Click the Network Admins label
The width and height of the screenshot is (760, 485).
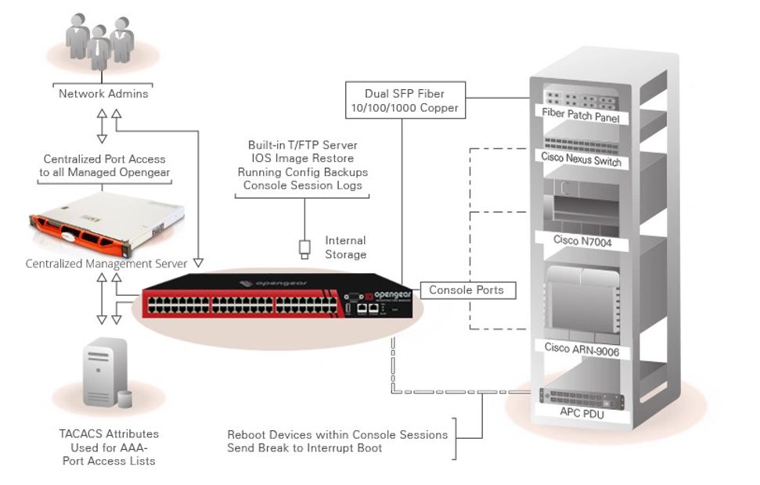tap(103, 94)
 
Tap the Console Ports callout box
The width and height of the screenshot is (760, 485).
tap(466, 290)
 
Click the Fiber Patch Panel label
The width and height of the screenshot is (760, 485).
tap(581, 117)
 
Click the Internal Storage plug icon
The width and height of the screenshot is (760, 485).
tap(304, 250)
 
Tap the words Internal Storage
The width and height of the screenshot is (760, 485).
tap(345, 247)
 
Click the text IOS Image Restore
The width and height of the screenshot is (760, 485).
tap(302, 159)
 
